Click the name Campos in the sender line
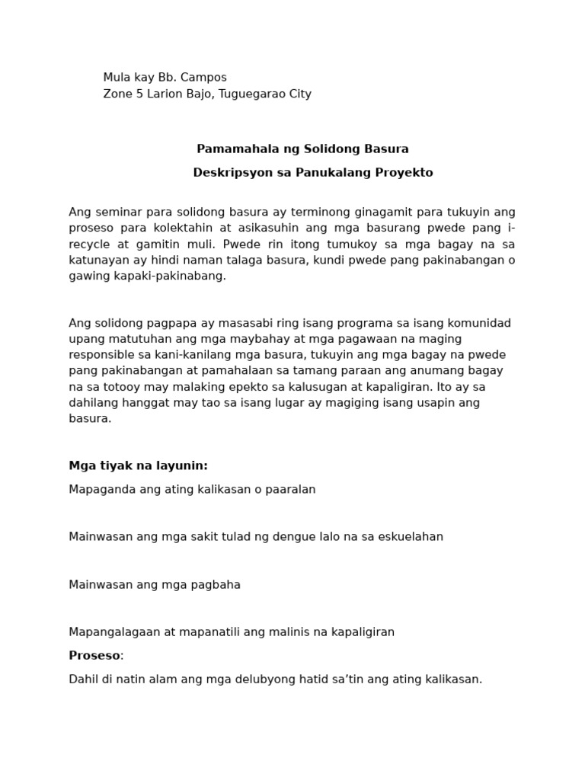(203, 77)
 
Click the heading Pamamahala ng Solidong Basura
(302, 149)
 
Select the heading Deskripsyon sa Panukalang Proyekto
(312, 172)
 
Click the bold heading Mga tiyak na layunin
(138, 465)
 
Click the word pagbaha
(215, 584)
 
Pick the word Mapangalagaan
(111, 631)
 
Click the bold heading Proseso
(94, 655)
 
